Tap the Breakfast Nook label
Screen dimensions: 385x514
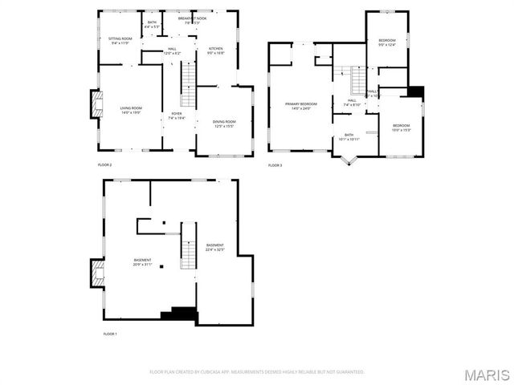[190, 20]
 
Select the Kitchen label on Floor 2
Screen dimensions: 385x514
[216, 51]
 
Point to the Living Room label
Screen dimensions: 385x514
[131, 111]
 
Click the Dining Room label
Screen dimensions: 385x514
[223, 124]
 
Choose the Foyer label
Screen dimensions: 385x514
[176, 115]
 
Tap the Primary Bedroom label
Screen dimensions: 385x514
[301, 106]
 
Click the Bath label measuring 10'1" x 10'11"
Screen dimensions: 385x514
[349, 136]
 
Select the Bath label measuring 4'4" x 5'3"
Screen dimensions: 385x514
[152, 25]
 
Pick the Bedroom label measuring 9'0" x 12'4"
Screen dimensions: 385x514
[387, 42]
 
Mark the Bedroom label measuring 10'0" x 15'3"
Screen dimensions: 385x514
[401, 127]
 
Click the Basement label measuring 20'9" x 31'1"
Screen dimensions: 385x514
[143, 262]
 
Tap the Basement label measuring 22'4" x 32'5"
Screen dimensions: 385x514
[214, 247]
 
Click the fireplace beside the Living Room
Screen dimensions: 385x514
[96, 104]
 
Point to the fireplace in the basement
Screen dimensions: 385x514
[96, 274]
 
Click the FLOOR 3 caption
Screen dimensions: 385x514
[275, 165]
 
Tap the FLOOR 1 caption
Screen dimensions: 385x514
[110, 333]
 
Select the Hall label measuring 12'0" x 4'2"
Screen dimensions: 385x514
[172, 51]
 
